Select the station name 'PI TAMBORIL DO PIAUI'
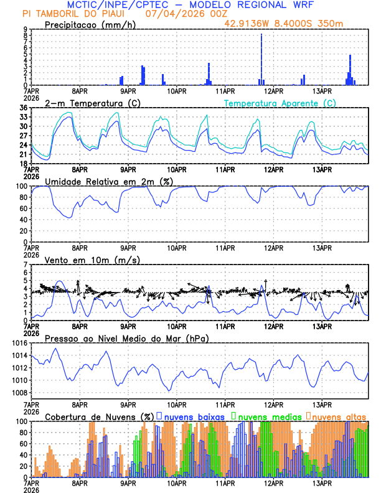pos(70,14)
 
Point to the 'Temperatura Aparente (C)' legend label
pos(280,103)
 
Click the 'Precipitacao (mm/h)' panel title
pos(88,24)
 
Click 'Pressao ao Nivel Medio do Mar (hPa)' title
pos(127,338)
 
